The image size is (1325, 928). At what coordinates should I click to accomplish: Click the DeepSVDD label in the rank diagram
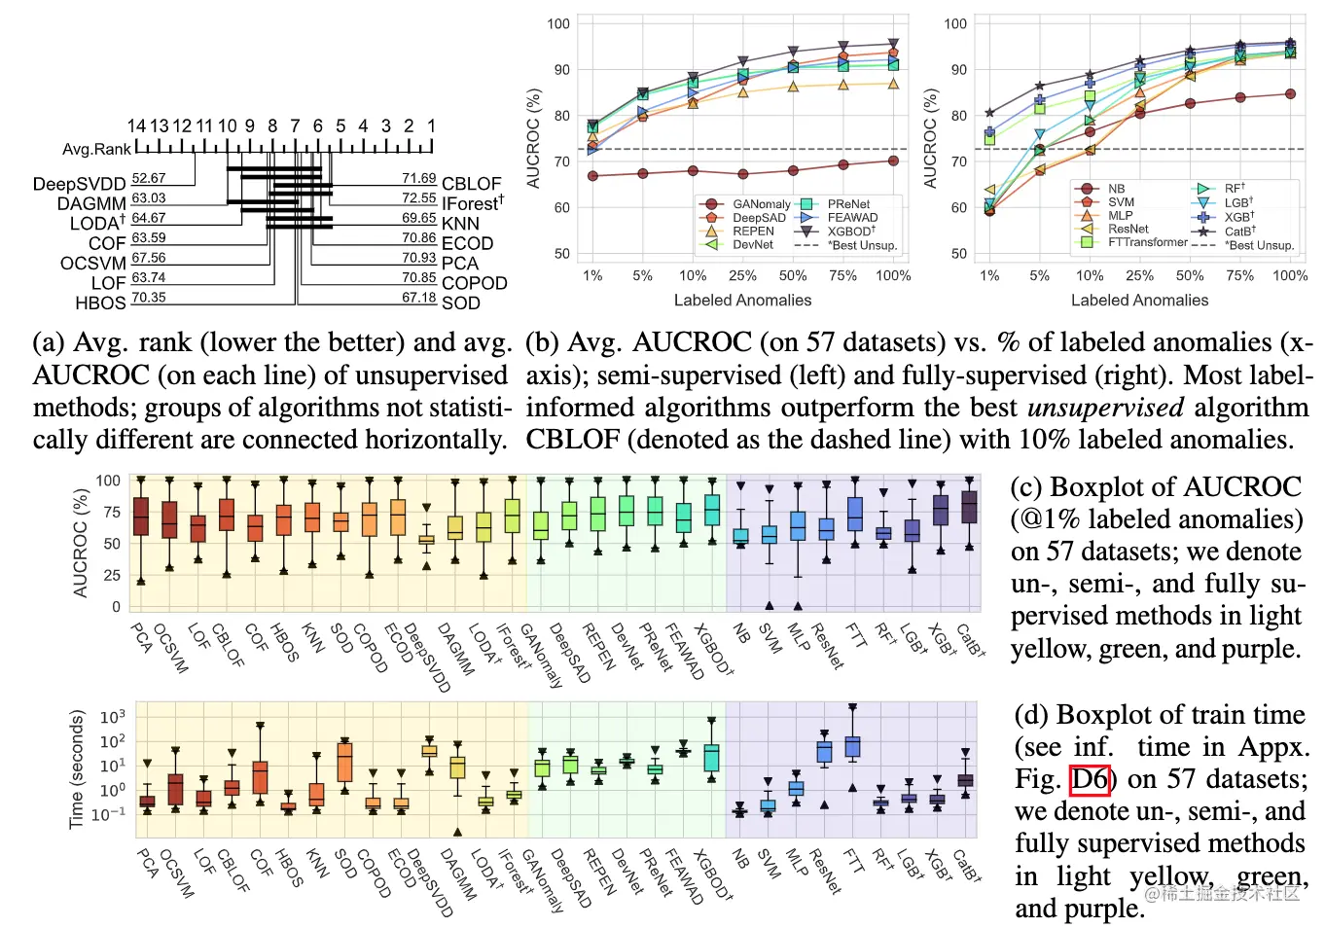(x=79, y=184)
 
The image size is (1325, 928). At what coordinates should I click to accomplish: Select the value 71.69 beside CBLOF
(x=419, y=178)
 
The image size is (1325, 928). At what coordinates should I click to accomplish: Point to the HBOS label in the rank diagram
(x=100, y=303)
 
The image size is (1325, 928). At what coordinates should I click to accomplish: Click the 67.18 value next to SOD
(x=419, y=297)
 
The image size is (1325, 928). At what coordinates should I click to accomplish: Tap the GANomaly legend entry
(x=761, y=204)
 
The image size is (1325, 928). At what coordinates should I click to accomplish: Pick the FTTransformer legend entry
(x=1148, y=242)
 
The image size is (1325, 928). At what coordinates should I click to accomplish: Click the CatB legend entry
(x=1239, y=232)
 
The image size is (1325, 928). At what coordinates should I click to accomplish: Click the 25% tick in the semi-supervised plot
(x=742, y=276)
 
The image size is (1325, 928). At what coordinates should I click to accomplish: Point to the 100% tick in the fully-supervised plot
(x=1290, y=276)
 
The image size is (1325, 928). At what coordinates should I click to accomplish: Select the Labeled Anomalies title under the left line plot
(x=742, y=301)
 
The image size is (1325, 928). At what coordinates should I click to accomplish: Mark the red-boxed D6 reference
(x=1091, y=779)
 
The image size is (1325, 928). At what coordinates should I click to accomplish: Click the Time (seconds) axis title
(x=76, y=768)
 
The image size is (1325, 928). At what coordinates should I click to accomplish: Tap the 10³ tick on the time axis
(x=113, y=717)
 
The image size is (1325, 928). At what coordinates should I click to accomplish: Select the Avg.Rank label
(x=96, y=149)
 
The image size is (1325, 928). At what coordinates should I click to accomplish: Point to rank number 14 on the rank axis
(x=136, y=126)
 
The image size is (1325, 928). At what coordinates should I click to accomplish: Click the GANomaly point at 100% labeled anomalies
(x=893, y=161)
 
